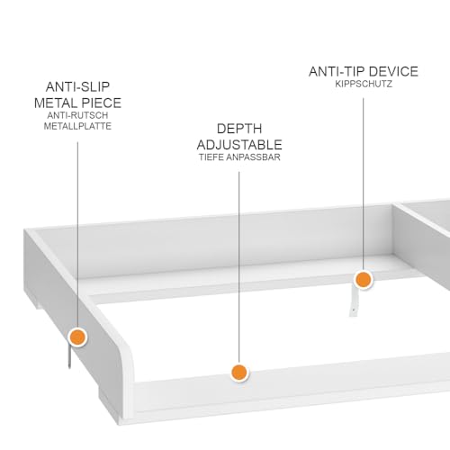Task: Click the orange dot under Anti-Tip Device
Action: point(364,280)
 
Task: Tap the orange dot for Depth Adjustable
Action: point(239,373)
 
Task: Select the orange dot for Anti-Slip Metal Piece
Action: point(77,337)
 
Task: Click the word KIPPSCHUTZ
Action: point(364,84)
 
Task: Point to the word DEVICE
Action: point(393,71)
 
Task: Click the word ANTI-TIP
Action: point(337,71)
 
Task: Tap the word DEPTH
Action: point(239,129)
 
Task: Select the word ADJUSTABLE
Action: point(239,145)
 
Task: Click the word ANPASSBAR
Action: point(253,157)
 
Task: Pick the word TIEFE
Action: point(211,157)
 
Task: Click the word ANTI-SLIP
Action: point(77,87)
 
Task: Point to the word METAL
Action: point(56,103)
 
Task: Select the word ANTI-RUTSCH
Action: point(77,115)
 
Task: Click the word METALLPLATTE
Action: point(77,126)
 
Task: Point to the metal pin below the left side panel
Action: point(69,356)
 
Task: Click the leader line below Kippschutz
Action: point(364,184)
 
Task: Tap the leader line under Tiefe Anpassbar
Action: point(239,267)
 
